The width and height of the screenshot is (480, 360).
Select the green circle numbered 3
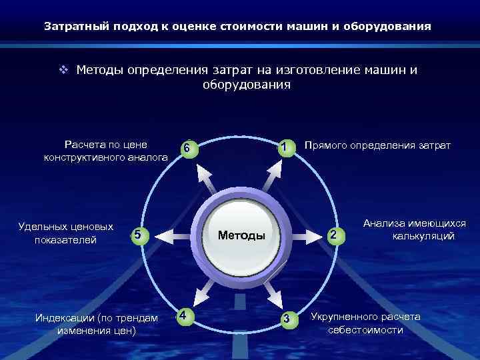pos(287,318)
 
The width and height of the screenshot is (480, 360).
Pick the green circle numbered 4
pos(185,315)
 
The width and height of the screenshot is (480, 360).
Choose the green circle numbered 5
pos(137,235)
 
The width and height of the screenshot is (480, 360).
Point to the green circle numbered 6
pos(189,148)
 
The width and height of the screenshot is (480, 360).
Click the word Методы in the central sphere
pos(241,235)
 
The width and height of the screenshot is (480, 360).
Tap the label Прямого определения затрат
pos(377,145)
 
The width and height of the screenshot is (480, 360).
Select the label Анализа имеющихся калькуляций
pos(414,230)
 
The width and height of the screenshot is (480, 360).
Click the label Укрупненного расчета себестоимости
pos(365,323)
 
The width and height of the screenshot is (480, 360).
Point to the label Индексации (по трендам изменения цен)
pos(97,323)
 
